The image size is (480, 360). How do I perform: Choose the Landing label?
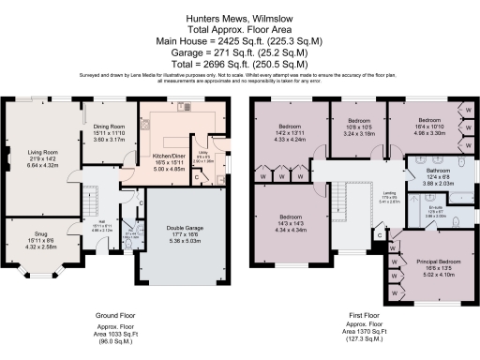pos(361,194)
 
